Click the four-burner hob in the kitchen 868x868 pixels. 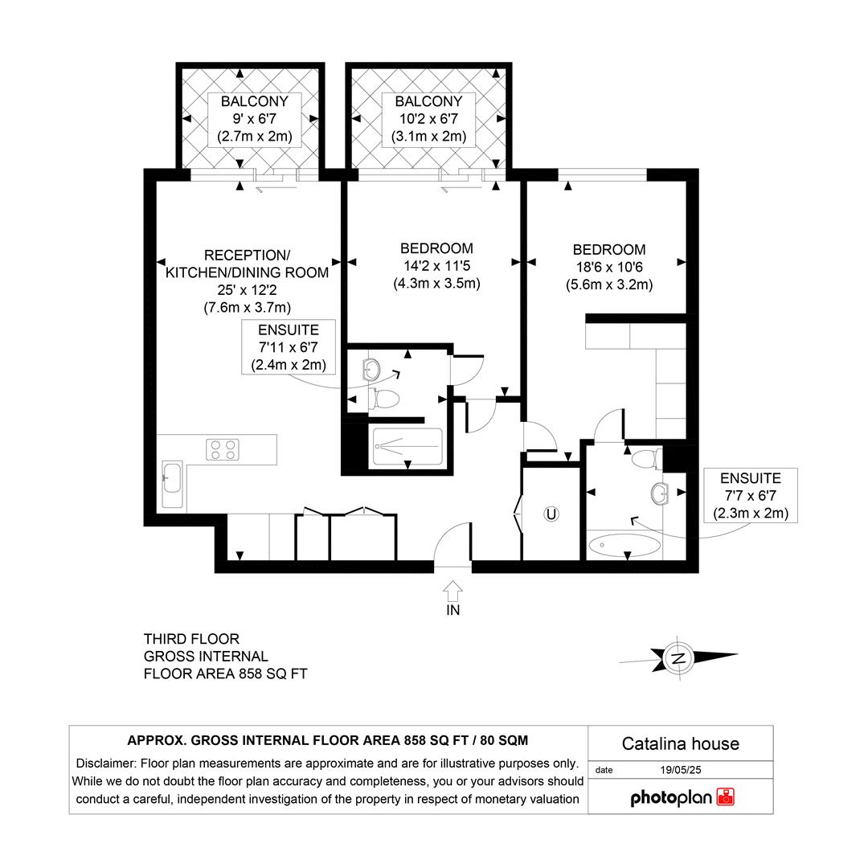pos(223,449)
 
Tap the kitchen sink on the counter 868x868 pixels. pos(173,484)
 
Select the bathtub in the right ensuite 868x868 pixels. pos(625,547)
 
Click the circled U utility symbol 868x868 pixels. pos(551,514)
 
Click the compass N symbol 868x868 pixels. pos(679,658)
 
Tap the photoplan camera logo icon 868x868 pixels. pos(726,797)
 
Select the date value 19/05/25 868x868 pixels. pos(680,770)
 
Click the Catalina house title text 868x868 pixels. pos(680,743)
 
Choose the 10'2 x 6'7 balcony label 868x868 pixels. pos(428,119)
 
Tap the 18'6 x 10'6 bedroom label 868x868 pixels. pos(608,267)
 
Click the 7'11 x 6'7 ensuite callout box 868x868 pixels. pos(288,347)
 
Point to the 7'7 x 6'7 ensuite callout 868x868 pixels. pos(750,495)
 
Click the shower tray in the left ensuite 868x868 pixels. pos(407,448)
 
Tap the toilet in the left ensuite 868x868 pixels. pos(386,398)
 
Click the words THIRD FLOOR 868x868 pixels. pos(191,639)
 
